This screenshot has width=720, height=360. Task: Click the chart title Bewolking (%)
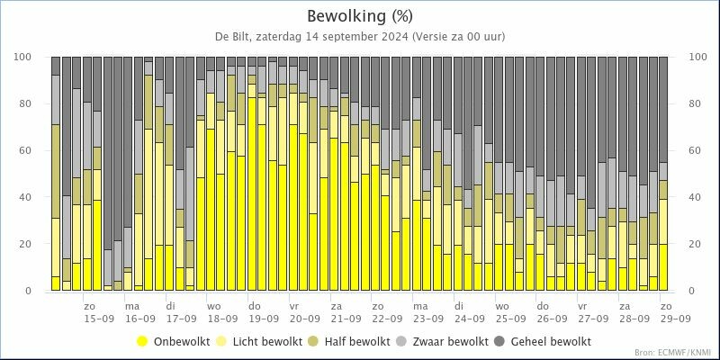tap(359, 16)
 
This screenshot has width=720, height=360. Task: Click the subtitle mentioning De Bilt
tap(359, 37)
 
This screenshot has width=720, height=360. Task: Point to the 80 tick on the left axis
tap(37, 103)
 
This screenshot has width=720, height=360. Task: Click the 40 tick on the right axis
tap(695, 197)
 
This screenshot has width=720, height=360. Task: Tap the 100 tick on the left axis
tap(35, 57)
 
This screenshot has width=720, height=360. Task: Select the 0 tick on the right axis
tap(692, 291)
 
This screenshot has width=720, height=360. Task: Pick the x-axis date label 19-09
tap(264, 319)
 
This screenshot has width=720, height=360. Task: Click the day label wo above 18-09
tap(213, 306)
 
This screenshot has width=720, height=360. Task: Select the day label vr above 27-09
tap(582, 306)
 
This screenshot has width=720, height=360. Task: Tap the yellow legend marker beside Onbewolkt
tap(143, 342)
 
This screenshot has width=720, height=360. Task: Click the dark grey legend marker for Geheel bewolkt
tap(499, 342)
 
